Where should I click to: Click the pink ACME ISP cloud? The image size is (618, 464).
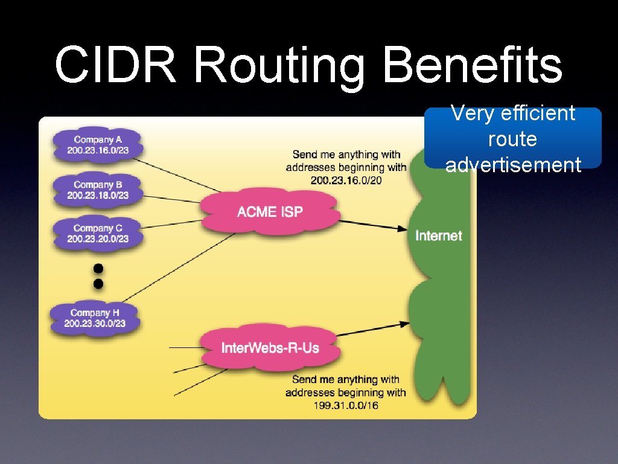tap(270, 211)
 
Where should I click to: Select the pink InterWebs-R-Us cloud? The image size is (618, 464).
tap(270, 348)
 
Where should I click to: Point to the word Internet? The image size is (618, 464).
tap(439, 236)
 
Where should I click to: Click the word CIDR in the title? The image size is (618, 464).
tap(115, 65)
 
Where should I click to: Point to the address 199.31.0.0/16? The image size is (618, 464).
tap(346, 405)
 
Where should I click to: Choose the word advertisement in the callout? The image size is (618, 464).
tap(513, 164)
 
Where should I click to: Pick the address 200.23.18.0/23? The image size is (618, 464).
tap(98, 196)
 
